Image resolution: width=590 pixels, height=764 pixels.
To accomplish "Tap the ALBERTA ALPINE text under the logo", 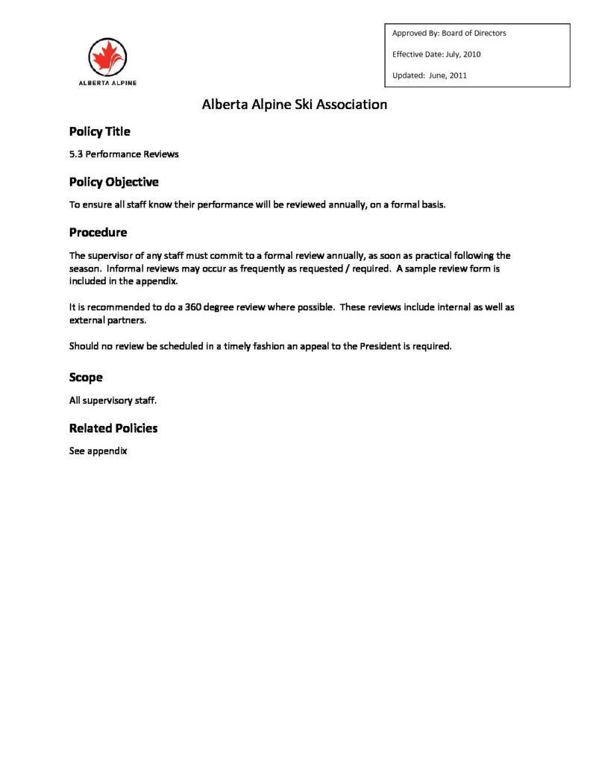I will pos(107,83).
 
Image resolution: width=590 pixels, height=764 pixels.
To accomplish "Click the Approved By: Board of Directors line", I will pos(449,34).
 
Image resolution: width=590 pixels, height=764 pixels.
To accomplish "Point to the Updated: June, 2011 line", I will pos(430,75).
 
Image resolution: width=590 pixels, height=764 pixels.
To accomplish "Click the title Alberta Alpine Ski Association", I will pos(295,104).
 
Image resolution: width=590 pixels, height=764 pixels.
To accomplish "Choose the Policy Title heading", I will pos(99,132).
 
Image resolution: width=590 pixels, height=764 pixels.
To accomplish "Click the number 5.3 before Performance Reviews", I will pos(75,154).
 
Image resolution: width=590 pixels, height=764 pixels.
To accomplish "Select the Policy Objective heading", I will pos(113,182).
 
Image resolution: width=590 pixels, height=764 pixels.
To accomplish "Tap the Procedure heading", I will pos(98,233).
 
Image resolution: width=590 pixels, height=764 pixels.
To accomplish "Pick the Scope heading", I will pos(86,378).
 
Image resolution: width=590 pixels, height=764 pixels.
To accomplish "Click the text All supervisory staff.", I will pos(113,401).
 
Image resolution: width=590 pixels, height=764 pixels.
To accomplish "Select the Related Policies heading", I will pos(113,428).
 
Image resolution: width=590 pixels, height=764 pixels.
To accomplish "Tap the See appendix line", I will pos(98,451).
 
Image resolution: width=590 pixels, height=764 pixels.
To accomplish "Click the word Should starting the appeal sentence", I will pos(84,346).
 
